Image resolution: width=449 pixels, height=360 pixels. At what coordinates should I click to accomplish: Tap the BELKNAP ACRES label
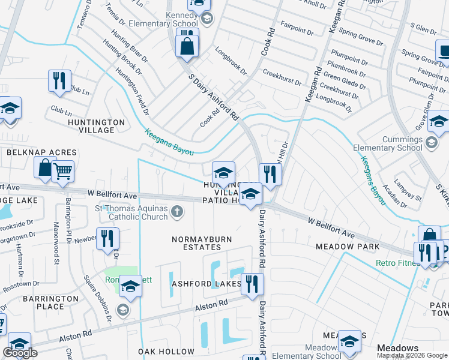pos(41,153)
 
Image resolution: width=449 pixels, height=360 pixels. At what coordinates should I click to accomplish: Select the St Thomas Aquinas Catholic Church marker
pos(176,211)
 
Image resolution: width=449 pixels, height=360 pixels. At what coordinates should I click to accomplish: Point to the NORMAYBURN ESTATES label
pos(202,243)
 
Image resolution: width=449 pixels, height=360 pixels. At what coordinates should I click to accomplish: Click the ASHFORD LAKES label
pos(206,283)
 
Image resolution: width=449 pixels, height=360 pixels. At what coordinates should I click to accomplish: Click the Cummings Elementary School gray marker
pos(431,143)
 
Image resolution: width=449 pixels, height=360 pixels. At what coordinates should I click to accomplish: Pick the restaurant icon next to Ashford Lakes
pos(252,283)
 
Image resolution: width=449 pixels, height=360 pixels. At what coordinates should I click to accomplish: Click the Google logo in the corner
pos(20,353)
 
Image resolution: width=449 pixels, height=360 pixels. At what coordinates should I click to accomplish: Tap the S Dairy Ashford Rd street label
pos(214,96)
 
